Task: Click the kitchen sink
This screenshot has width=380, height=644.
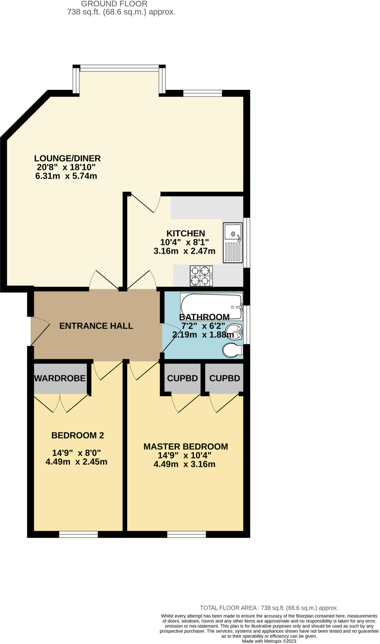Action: click(x=233, y=242)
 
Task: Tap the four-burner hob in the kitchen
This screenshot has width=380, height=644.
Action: click(x=201, y=276)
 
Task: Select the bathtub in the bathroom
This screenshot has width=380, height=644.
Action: click(x=211, y=307)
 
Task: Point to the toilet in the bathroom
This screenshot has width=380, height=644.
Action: click(x=233, y=350)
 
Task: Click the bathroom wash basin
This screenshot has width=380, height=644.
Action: click(x=234, y=331)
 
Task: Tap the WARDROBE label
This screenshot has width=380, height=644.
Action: click(x=60, y=378)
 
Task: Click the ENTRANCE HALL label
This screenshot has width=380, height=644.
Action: click(x=96, y=326)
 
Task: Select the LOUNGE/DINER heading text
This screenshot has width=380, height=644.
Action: click(x=67, y=158)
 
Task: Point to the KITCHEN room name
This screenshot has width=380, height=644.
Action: click(x=186, y=233)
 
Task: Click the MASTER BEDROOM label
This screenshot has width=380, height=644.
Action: click(x=186, y=447)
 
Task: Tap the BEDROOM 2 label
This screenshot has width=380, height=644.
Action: click(x=77, y=435)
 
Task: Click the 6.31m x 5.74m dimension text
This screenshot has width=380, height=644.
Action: click(x=66, y=176)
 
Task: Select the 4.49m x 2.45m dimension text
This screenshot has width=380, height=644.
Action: click(x=76, y=462)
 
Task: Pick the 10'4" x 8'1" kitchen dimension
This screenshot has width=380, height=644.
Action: click(x=185, y=242)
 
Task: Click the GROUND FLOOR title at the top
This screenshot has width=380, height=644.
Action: click(x=114, y=4)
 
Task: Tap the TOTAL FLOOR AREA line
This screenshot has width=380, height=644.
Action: click(x=269, y=608)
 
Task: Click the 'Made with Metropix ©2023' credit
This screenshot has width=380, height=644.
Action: click(x=269, y=641)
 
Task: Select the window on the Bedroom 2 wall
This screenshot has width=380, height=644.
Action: click(x=78, y=534)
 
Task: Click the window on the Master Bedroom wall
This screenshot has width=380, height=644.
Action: click(x=187, y=534)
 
